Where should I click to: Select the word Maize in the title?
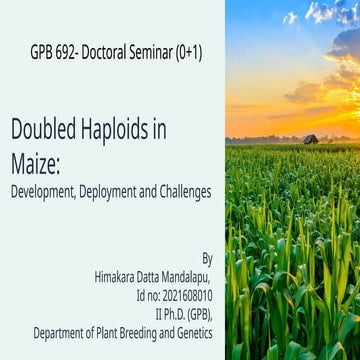37,160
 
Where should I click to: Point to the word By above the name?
206,257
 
